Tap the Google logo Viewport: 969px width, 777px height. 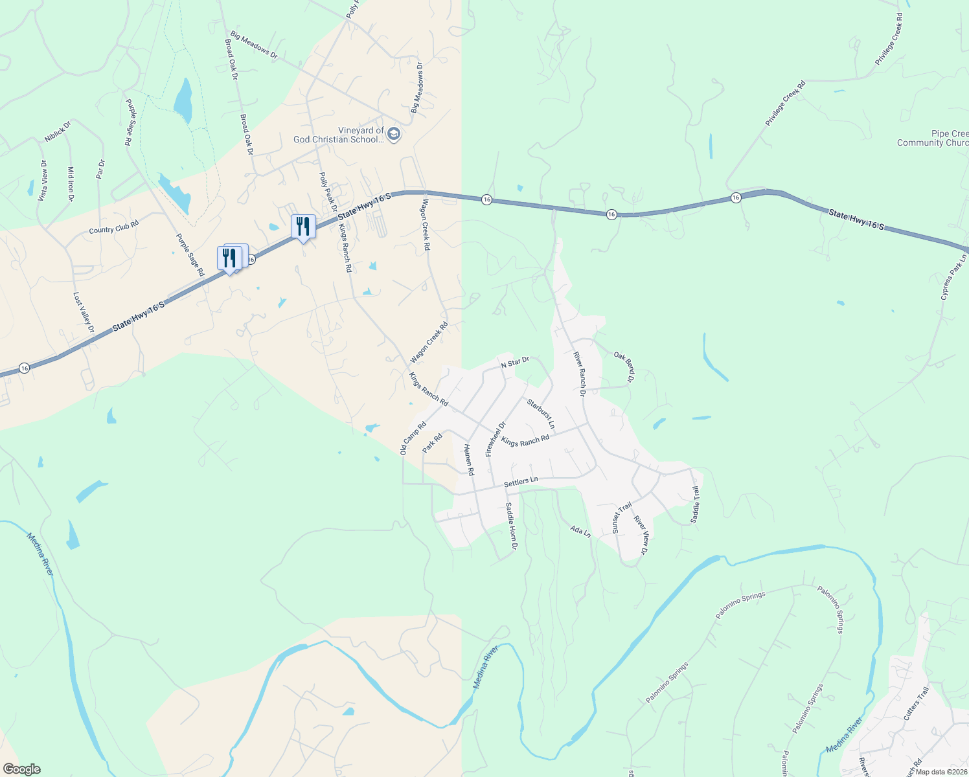pyautogui.click(x=21, y=769)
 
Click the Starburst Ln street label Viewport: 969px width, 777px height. pyautogui.click(x=541, y=414)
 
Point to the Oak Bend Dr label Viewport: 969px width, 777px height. pyautogui.click(x=624, y=366)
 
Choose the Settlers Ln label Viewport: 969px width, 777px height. pyautogui.click(x=521, y=482)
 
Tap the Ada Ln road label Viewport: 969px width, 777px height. pyautogui.click(x=580, y=532)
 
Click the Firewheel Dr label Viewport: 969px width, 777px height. pyautogui.click(x=496, y=439)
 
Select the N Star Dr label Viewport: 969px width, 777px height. pyautogui.click(x=515, y=363)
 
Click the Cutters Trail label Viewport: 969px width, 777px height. pyautogui.click(x=916, y=704)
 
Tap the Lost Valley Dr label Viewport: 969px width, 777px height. pyautogui.click(x=84, y=313)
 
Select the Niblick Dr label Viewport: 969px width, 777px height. pyautogui.click(x=57, y=131)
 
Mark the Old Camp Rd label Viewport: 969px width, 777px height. pyautogui.click(x=413, y=438)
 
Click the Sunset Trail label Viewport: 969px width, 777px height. pyautogui.click(x=622, y=518)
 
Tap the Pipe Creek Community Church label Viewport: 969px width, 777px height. pyautogui.click(x=933, y=139)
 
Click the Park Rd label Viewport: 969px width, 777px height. pyautogui.click(x=432, y=444)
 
